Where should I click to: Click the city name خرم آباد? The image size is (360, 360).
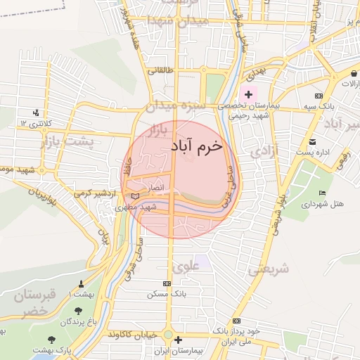point(195,146)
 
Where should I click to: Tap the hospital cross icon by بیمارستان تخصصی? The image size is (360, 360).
point(247,94)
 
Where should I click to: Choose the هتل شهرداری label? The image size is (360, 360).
point(323,204)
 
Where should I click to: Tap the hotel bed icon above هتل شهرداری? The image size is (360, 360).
point(323,193)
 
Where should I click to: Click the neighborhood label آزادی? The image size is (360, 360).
point(264,150)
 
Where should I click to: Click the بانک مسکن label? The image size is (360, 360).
point(166,294)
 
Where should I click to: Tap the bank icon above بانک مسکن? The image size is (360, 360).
point(166,283)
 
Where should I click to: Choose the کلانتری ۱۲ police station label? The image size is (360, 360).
point(36,123)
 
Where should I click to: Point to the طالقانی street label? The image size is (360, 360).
point(156,71)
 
